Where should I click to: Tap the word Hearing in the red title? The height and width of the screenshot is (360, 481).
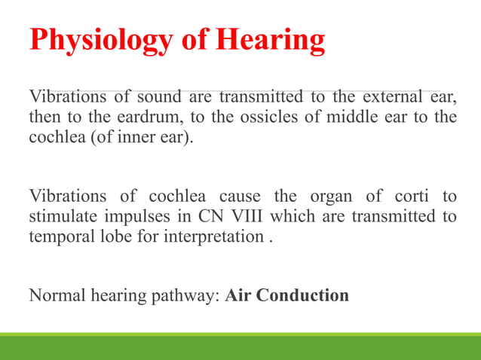tap(271, 41)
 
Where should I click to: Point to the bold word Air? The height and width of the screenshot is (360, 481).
tap(237, 295)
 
